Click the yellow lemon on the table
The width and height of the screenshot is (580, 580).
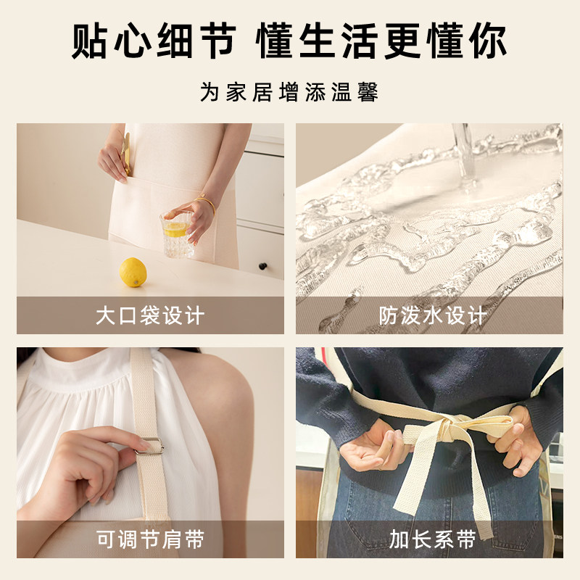(133, 273)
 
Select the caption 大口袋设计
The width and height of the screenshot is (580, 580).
(150, 315)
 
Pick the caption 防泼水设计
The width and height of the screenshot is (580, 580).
(432, 315)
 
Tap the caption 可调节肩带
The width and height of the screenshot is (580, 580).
(150, 539)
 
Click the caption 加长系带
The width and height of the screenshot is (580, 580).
(432, 539)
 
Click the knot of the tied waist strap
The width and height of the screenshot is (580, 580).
(440, 434)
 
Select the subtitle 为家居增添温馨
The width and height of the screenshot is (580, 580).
(289, 93)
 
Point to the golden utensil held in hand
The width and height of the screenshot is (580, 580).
(127, 154)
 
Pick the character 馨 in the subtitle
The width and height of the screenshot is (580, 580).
(368, 93)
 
